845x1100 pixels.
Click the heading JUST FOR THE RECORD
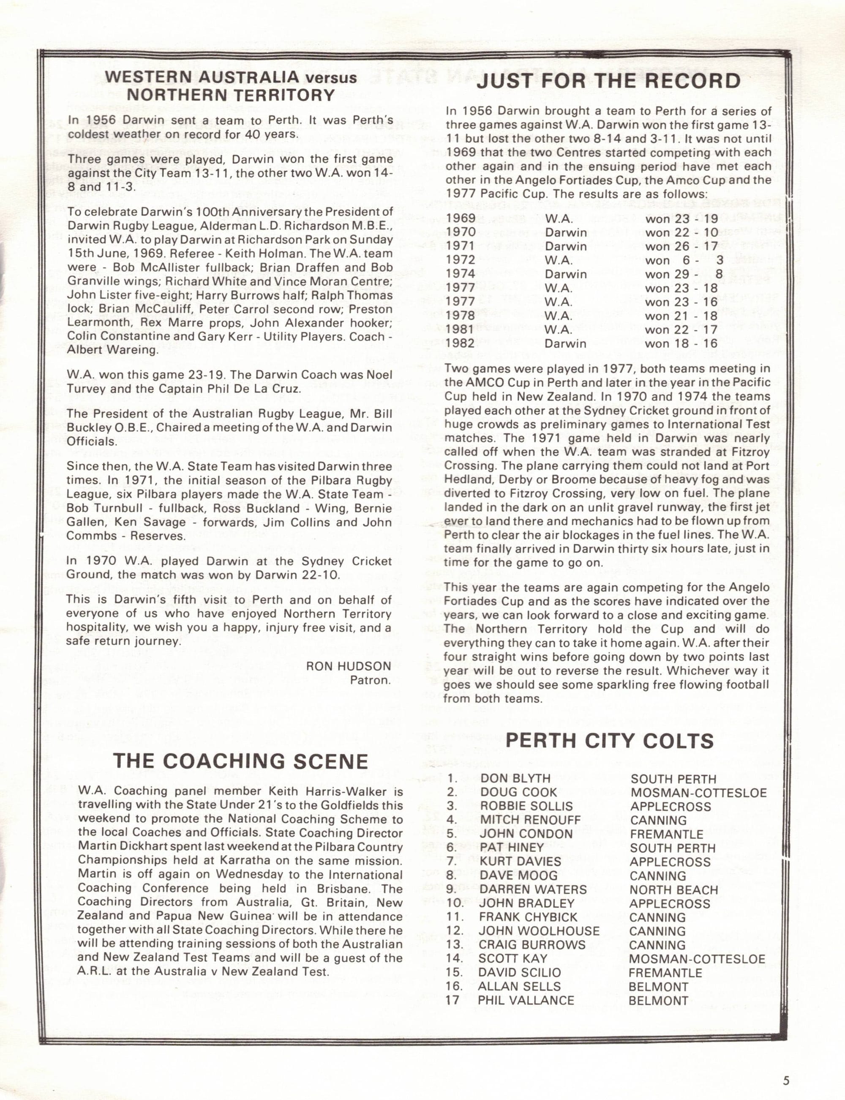click(x=608, y=81)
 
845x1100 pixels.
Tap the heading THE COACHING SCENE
click(x=241, y=761)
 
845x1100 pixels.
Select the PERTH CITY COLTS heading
click(x=609, y=741)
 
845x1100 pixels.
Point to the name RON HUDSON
click(x=349, y=666)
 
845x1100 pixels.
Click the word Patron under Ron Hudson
click(x=371, y=680)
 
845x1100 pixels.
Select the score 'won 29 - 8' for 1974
click(x=684, y=274)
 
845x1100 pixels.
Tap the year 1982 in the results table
click(x=461, y=343)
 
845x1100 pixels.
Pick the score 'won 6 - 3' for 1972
click(x=684, y=260)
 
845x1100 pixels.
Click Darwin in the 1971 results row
click(x=566, y=246)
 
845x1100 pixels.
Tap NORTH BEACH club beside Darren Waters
click(x=673, y=889)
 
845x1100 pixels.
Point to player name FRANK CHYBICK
click(x=528, y=917)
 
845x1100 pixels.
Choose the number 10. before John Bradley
click(x=455, y=903)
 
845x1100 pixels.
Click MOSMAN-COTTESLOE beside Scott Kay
click(x=697, y=959)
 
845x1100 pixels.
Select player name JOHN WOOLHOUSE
click(x=539, y=931)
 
